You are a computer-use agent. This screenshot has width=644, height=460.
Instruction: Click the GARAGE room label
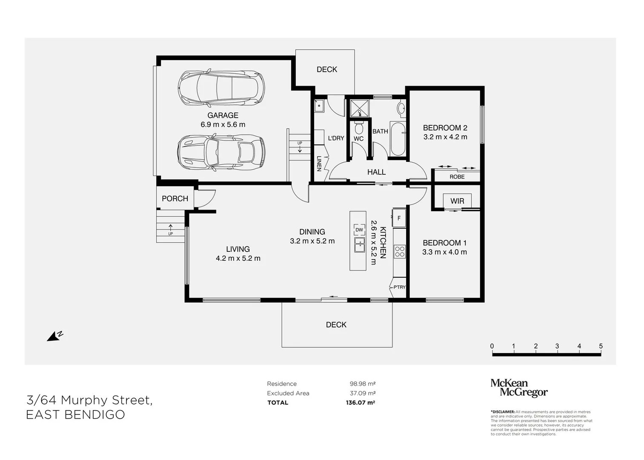point(223,115)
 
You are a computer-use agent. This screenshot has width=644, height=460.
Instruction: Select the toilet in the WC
point(359,128)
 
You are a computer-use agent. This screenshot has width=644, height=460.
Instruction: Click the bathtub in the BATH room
point(398,139)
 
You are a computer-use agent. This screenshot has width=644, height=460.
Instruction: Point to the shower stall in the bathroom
point(359,108)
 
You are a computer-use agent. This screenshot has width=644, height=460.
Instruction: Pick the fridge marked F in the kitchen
point(399,218)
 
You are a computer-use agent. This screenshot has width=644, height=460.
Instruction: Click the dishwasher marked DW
point(359,230)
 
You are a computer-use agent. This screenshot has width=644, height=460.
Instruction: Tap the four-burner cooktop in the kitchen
point(400,251)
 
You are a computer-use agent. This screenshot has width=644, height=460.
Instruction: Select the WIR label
point(457,201)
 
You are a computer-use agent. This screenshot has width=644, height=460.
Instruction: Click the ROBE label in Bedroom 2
point(457,177)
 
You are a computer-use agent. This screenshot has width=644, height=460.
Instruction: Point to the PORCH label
point(175,198)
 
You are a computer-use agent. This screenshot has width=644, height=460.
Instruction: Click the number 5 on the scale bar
point(601,346)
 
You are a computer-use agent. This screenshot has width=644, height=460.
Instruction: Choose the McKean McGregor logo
point(519,388)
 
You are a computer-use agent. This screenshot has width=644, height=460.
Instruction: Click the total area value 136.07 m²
point(360,402)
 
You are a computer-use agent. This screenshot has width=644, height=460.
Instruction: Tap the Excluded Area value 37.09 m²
point(363,393)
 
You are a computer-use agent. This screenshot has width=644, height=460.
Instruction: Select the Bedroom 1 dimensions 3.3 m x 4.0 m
point(444,252)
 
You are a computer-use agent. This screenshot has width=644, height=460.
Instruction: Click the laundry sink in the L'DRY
point(319,106)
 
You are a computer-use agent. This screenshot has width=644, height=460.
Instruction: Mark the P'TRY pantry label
point(399,287)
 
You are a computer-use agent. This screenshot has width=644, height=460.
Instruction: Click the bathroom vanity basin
point(401,109)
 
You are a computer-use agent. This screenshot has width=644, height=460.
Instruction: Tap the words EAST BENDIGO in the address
point(76,414)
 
